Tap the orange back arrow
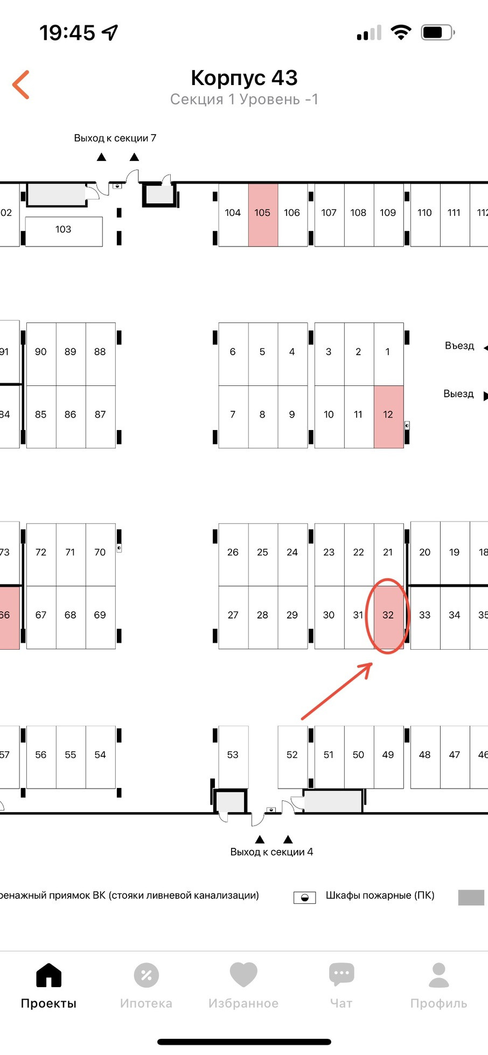21,85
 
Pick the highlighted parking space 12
388,415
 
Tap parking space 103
64,230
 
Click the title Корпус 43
244,78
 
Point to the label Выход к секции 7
115,138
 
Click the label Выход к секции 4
271,852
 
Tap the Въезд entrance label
459,346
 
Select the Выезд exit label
458,394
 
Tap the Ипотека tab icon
146,975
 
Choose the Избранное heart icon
243,974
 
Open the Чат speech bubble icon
341,974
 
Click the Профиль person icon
439,975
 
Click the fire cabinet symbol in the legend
304,897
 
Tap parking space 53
233,755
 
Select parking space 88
100,352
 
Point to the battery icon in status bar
437,33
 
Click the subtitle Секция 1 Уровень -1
244,100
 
